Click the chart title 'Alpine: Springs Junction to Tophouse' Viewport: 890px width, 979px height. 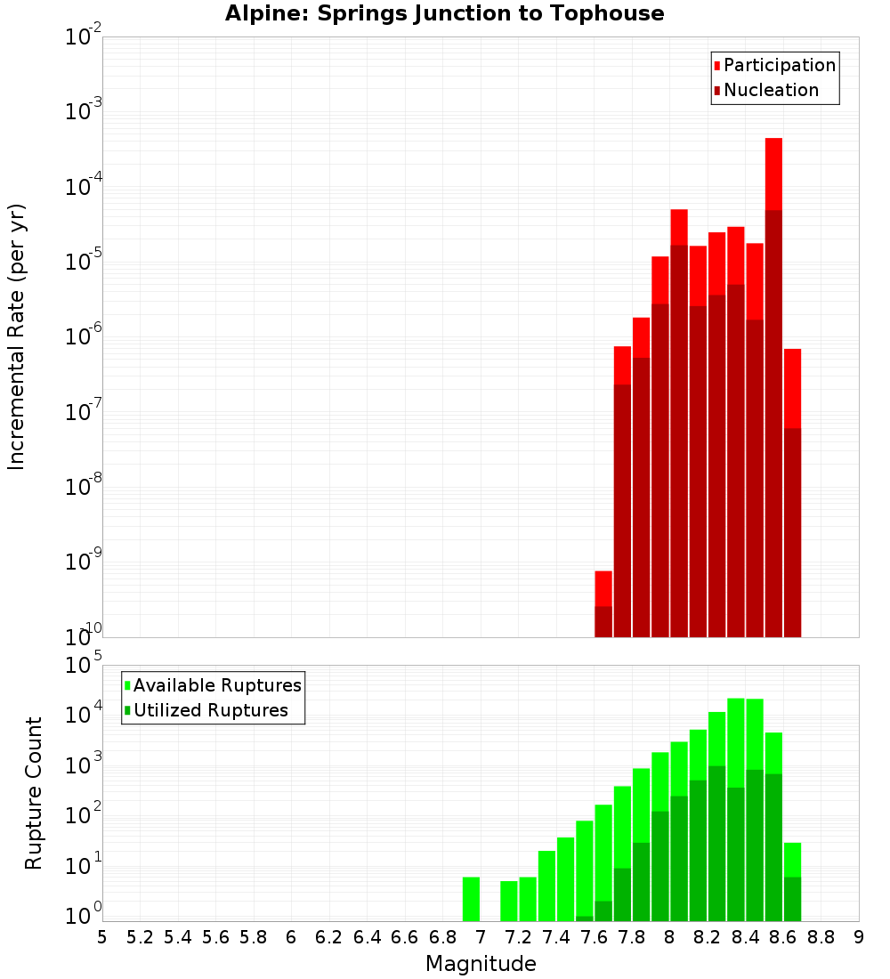444,13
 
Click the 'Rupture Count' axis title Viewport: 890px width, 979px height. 34,793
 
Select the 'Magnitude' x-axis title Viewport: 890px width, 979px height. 481,964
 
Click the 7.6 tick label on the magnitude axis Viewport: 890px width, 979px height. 595,937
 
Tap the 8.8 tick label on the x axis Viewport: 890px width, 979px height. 821,937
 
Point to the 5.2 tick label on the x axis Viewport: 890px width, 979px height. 140,937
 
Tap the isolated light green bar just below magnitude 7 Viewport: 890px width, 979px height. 471,899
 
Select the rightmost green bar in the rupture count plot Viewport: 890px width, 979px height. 792,881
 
